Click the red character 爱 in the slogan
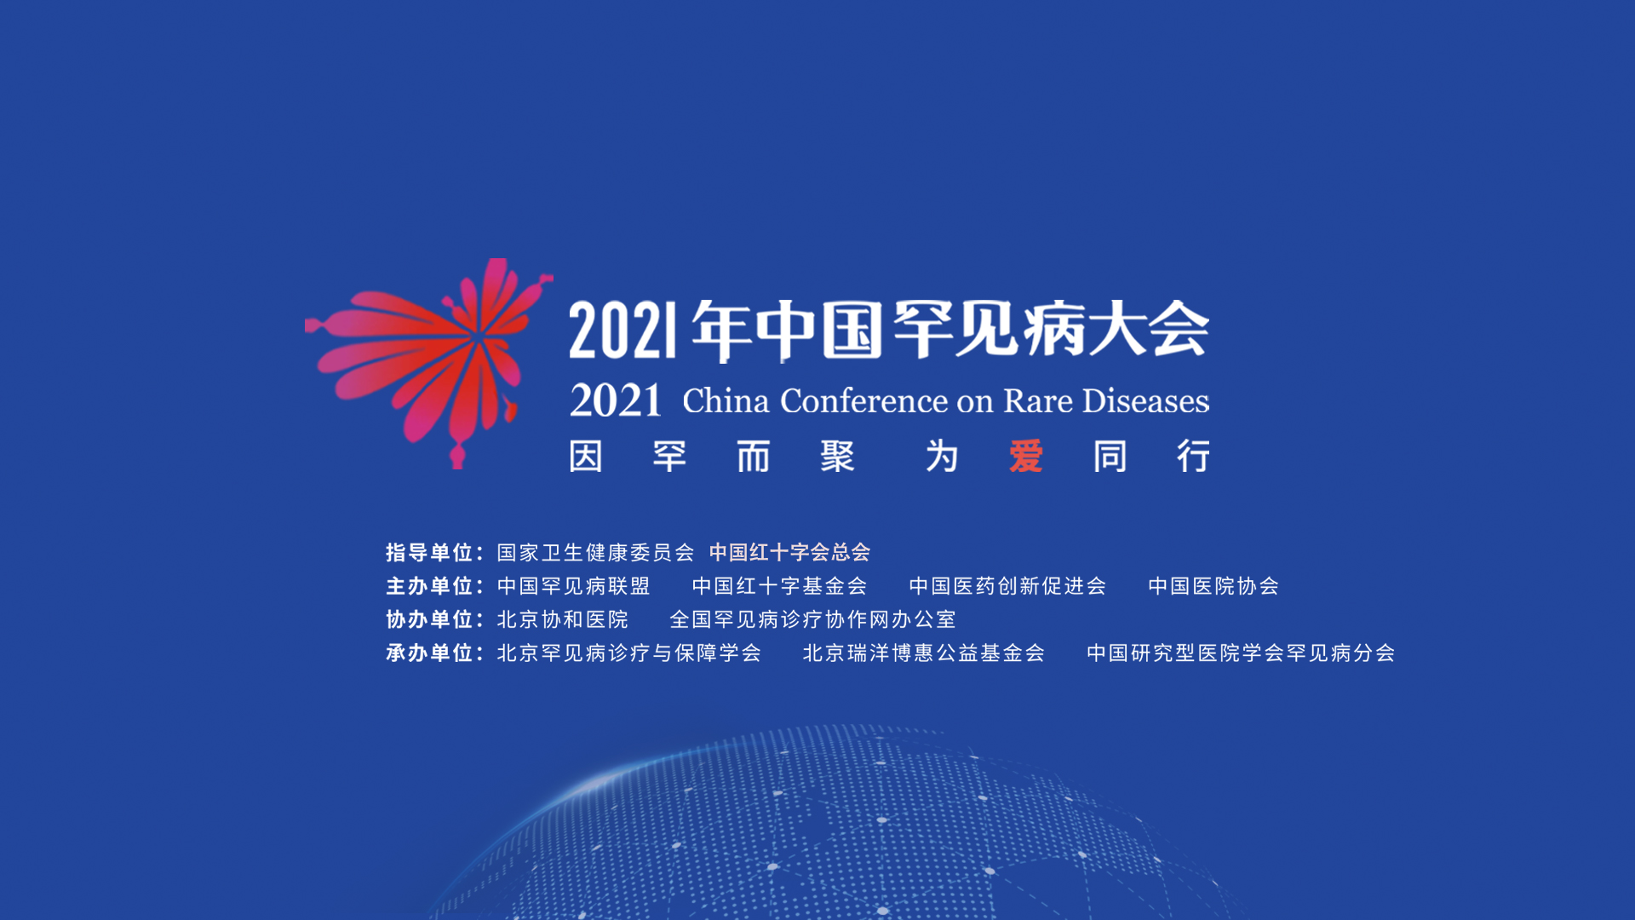pyautogui.click(x=1026, y=457)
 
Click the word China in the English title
pyautogui.click(x=726, y=400)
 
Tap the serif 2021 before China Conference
pyautogui.click(x=616, y=400)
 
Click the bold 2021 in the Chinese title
pyautogui.click(x=623, y=331)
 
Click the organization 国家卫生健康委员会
pyautogui.click(x=596, y=553)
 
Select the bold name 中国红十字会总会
pyautogui.click(x=790, y=553)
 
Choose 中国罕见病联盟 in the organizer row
pyautogui.click(x=574, y=586)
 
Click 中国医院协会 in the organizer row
pyautogui.click(x=1213, y=586)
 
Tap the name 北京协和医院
pyautogui.click(x=563, y=619)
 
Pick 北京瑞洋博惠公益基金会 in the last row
pyautogui.click(x=924, y=653)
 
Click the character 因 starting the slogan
pyautogui.click(x=586, y=457)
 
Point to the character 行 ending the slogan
pyautogui.click(x=1194, y=457)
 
